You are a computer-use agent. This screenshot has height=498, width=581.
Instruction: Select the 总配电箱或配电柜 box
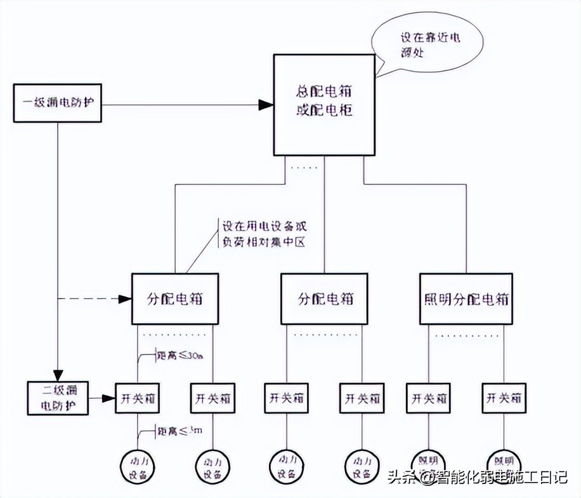323,104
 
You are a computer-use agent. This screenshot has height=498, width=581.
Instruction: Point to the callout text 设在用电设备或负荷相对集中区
264,234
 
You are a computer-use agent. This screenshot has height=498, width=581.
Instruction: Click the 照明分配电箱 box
466,299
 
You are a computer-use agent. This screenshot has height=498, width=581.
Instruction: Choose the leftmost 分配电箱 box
174,299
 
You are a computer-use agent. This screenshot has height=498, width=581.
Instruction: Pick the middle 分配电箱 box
323,299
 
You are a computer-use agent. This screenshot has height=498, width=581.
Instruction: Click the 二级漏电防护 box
58,399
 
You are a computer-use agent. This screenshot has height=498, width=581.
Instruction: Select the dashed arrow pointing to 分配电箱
95,299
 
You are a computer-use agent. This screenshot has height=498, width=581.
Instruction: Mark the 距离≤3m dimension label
180,431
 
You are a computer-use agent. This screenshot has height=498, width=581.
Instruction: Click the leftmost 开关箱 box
136,399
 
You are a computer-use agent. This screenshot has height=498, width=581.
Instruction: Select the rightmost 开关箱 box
504,399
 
